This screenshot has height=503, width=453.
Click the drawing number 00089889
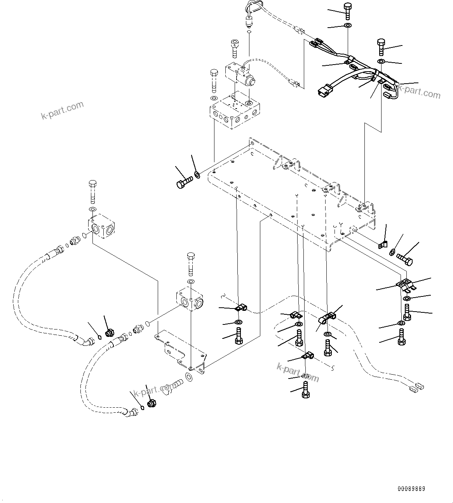coord(411,488)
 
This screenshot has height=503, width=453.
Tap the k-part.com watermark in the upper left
coord(62,110)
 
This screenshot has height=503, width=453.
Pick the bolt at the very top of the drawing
coord(347,11)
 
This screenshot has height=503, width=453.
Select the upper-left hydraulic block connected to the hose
coord(101,226)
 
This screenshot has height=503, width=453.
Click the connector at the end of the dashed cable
coord(416,386)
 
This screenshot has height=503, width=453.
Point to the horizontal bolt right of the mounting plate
coord(404,259)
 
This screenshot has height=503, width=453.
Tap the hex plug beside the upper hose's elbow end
coord(109,333)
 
